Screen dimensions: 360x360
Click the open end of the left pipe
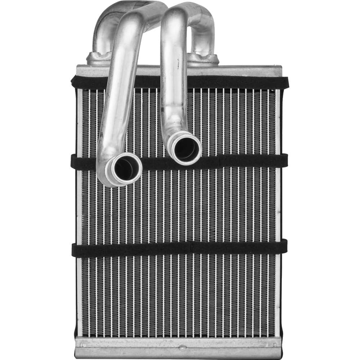(x=124, y=168)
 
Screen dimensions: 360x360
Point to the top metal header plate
(x=248, y=70)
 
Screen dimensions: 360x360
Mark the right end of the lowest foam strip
(x=284, y=246)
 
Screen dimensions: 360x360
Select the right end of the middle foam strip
(x=284, y=160)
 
